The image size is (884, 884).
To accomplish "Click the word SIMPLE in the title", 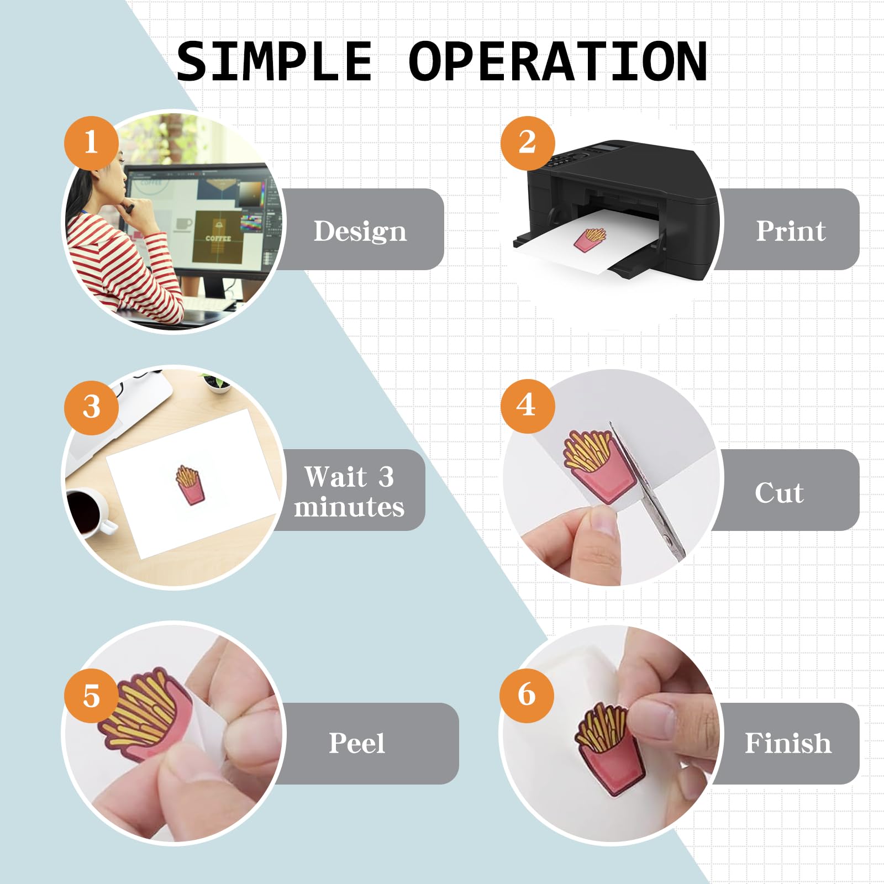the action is point(274,61).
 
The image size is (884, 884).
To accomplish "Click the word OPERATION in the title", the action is point(558,61).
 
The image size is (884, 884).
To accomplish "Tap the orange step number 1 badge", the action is point(91,143).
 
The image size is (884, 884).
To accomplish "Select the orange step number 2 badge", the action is point(528,143).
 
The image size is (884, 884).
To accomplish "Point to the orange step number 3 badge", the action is point(91,407).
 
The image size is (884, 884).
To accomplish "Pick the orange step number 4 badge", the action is point(528,406).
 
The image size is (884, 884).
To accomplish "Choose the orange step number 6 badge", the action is point(527,694).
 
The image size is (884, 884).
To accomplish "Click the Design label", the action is point(360,231).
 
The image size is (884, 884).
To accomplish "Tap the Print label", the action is point(791,230).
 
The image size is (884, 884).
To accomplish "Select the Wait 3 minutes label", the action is point(349,491).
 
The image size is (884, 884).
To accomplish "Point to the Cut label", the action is point(779,492).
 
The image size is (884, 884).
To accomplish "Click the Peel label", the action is point(357,743).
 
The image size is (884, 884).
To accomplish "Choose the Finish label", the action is point(788,743).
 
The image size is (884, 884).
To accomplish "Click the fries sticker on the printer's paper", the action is point(590,240).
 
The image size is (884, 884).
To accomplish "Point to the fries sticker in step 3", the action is point(190,485).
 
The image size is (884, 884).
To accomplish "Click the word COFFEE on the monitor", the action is point(218,239).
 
